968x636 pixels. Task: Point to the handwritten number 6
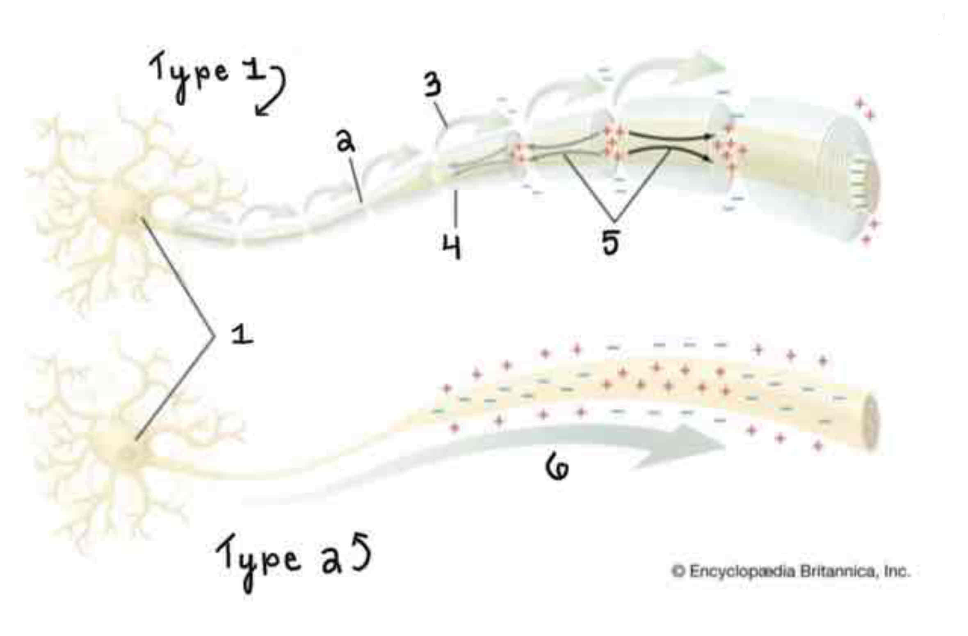[557, 468]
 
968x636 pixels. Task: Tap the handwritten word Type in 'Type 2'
[258, 560]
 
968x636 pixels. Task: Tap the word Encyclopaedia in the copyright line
[742, 571]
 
